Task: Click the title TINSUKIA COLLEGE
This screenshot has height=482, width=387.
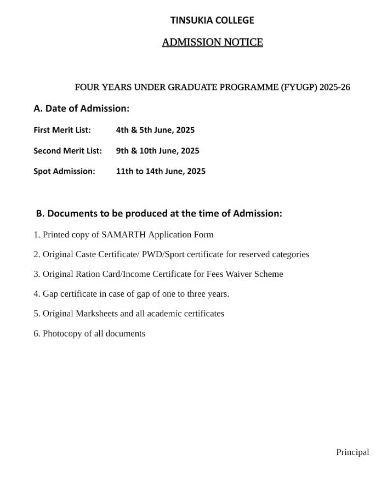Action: [x=212, y=20]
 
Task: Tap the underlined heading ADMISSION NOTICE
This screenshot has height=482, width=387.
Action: [x=212, y=42]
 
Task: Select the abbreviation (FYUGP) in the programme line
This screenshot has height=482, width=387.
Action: [x=299, y=87]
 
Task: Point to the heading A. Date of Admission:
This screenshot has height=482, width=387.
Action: [x=82, y=109]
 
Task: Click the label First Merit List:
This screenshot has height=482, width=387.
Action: [x=62, y=130]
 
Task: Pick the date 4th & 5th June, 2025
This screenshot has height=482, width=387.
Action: [x=155, y=130]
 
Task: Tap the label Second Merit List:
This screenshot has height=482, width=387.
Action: [x=67, y=151]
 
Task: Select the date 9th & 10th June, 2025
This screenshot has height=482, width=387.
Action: [x=157, y=151]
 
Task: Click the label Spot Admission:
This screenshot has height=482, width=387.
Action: [x=64, y=171]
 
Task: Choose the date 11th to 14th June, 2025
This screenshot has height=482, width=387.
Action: [x=161, y=171]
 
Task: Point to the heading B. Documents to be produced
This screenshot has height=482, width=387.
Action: [x=159, y=213]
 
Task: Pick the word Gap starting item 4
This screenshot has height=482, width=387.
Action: [x=50, y=294]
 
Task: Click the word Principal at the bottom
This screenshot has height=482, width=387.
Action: [x=352, y=452]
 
